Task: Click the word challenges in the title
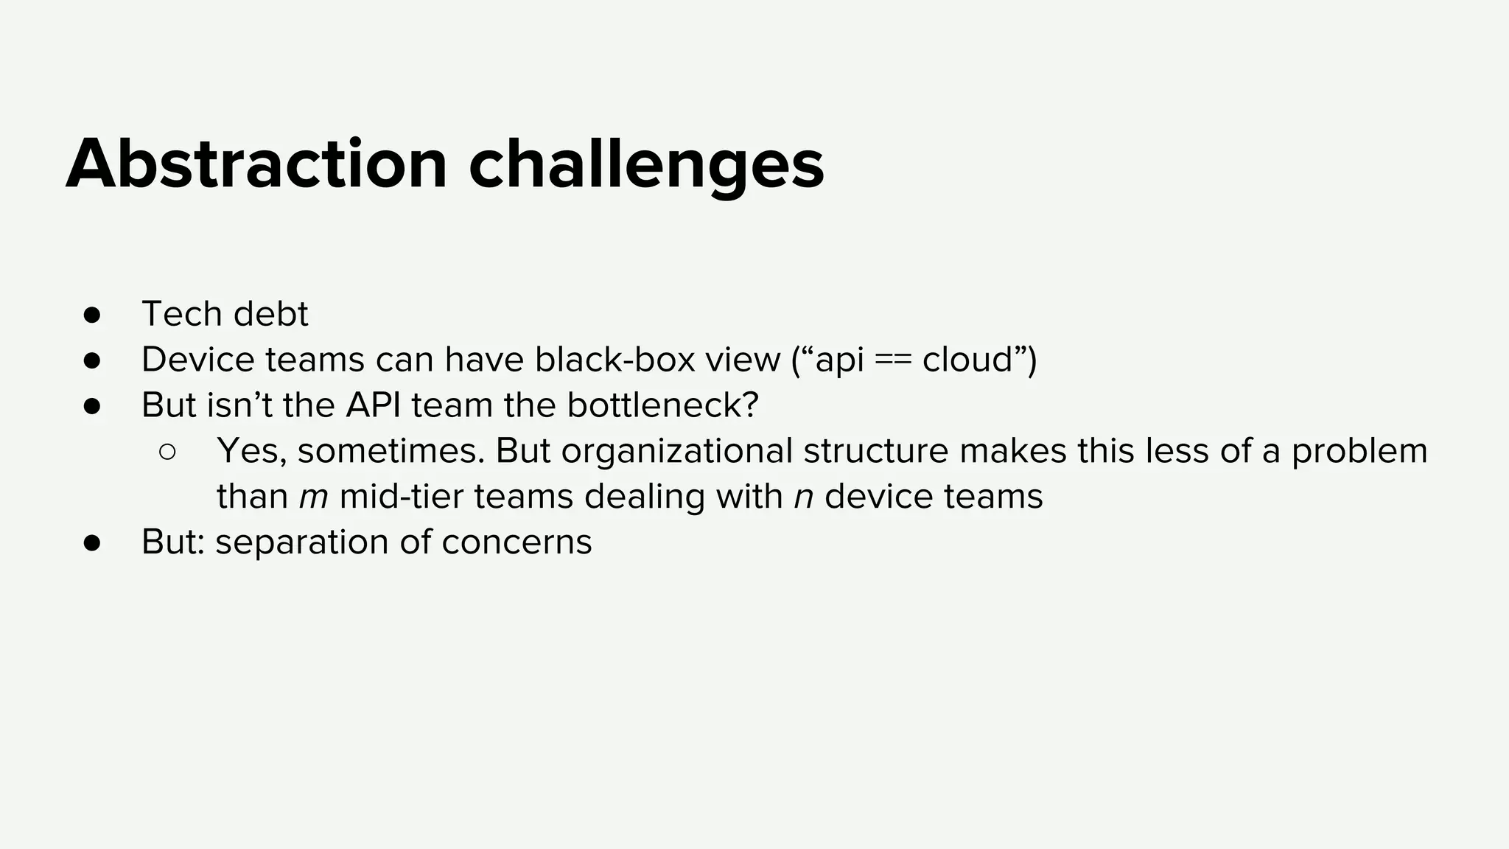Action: coord(646,167)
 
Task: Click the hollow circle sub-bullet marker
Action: coord(167,452)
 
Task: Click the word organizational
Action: coord(676,451)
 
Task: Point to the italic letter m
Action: coord(313,497)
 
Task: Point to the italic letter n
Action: coord(803,497)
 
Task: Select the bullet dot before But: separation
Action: coord(92,543)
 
